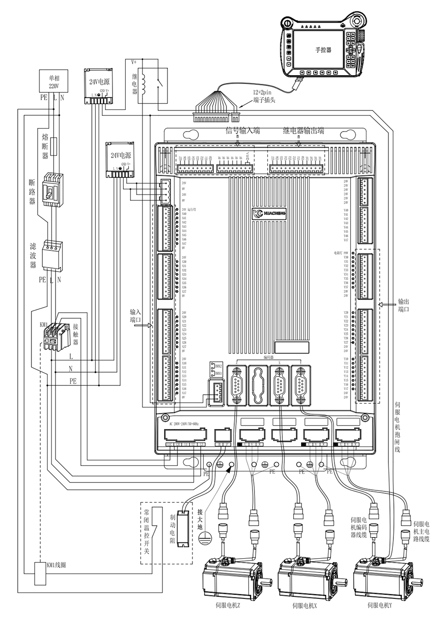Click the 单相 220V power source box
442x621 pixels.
(53, 81)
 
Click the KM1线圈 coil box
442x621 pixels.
(39, 572)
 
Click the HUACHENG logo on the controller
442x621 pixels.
(272, 214)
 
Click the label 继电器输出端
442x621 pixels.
(304, 131)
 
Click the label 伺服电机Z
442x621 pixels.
(228, 605)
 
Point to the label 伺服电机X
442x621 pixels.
(304, 605)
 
